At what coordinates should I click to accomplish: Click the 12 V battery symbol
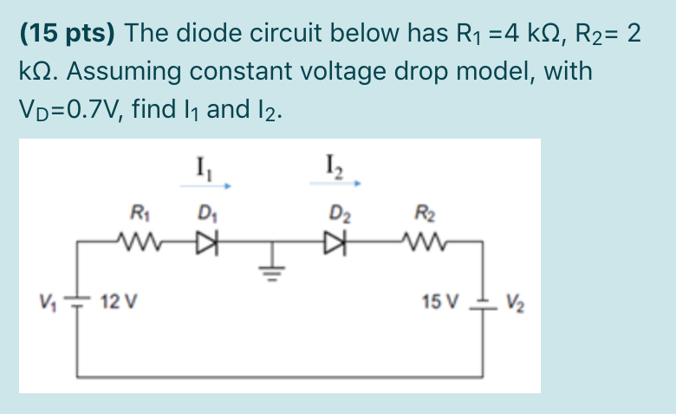pyautogui.click(x=78, y=302)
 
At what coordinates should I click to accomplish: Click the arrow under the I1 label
pyautogui.click(x=205, y=184)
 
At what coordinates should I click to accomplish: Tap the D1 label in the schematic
pyautogui.click(x=205, y=210)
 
